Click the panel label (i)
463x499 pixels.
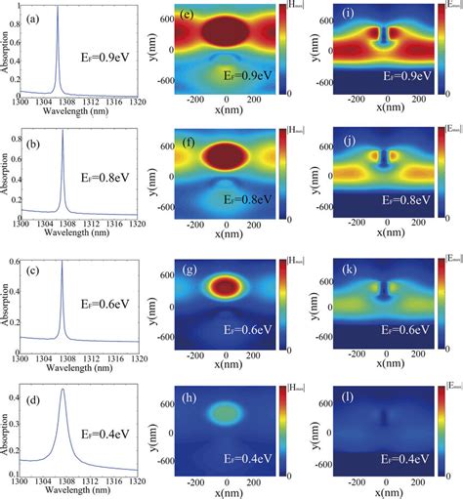(335, 16)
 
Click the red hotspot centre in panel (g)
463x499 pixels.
(227, 286)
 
